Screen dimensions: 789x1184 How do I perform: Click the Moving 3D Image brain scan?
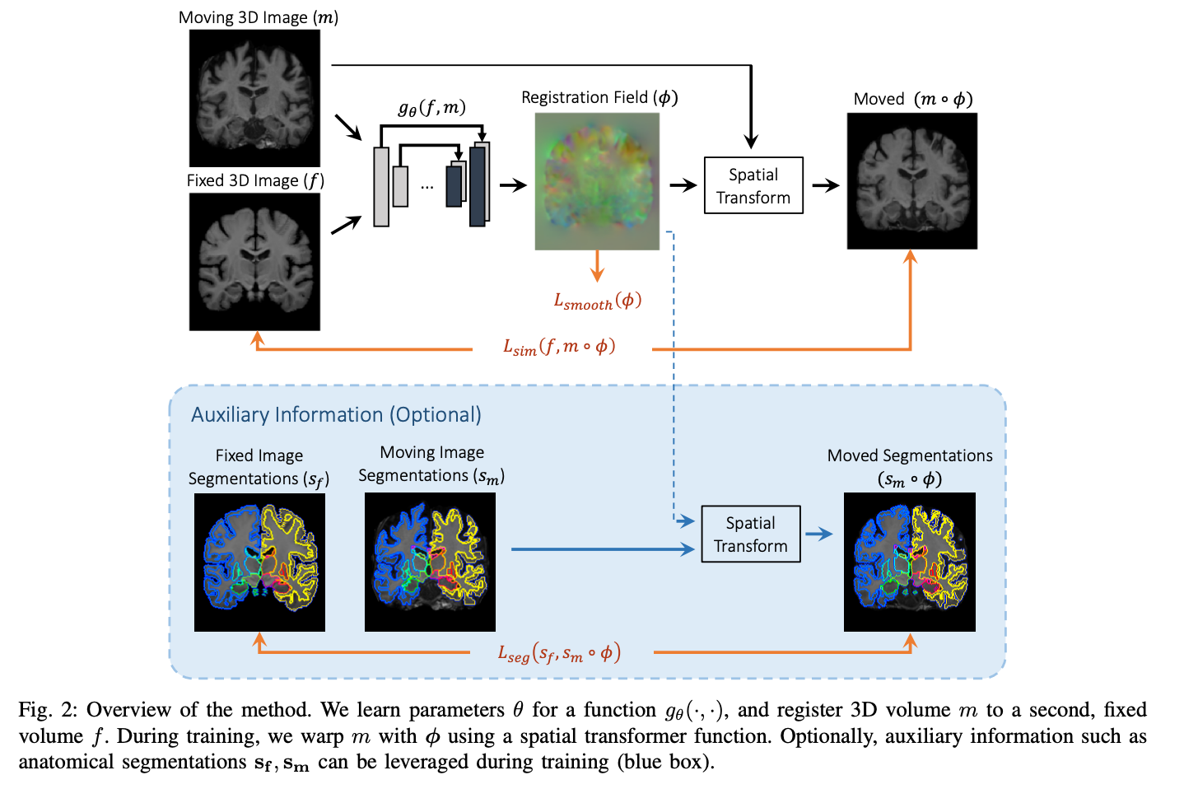click(254, 98)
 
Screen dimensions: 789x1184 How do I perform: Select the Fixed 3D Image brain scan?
click(254, 262)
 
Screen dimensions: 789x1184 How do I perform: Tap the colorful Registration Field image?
click(597, 181)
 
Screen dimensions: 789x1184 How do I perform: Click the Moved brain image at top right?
click(911, 181)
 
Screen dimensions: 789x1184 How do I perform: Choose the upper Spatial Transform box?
click(753, 185)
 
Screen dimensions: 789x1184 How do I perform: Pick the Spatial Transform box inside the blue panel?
click(750, 534)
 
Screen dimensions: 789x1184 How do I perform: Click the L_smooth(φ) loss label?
click(597, 301)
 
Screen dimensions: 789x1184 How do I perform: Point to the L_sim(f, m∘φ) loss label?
click(560, 347)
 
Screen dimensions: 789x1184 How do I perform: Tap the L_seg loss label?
click(559, 654)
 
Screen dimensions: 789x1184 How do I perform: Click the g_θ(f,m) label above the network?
click(432, 108)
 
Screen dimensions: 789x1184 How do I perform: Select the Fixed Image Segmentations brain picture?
click(259, 563)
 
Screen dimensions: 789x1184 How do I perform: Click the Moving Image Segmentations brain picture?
click(430, 563)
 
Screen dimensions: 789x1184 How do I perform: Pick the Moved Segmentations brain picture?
click(909, 563)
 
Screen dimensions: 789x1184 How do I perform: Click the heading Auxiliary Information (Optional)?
click(336, 414)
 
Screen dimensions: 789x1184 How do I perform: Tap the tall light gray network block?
click(381, 186)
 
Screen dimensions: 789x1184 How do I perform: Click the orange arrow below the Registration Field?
click(598, 265)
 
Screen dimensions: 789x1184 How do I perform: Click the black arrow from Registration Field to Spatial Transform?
click(683, 185)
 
